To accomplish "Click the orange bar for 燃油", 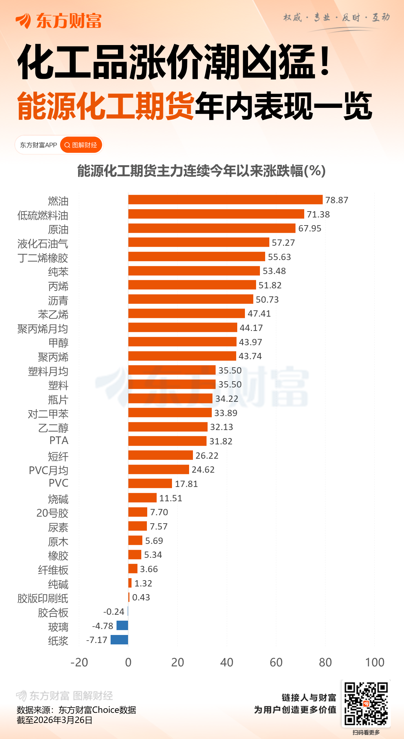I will click(x=225, y=200).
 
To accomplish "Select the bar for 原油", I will click(x=211, y=228).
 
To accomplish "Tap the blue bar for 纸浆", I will click(x=119, y=640).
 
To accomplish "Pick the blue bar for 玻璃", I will click(x=122, y=626).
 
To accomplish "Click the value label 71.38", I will click(x=318, y=214).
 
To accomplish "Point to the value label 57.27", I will click(x=283, y=243).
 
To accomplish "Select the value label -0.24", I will click(x=114, y=612).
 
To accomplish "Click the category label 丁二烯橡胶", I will click(x=43, y=258).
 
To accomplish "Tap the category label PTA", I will click(x=59, y=441).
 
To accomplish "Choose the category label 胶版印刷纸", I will click(x=43, y=598).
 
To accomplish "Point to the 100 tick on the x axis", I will click(x=375, y=662).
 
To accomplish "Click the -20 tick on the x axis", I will click(x=79, y=662).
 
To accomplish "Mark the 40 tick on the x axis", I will click(x=227, y=662).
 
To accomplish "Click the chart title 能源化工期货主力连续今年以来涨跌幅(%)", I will click(x=201, y=171).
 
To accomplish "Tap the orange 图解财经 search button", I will click(x=81, y=145).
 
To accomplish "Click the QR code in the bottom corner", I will click(x=366, y=703).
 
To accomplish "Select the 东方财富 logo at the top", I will click(x=59, y=21).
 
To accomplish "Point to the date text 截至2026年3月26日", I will click(x=54, y=720).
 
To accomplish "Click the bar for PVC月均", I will click(x=158, y=470).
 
